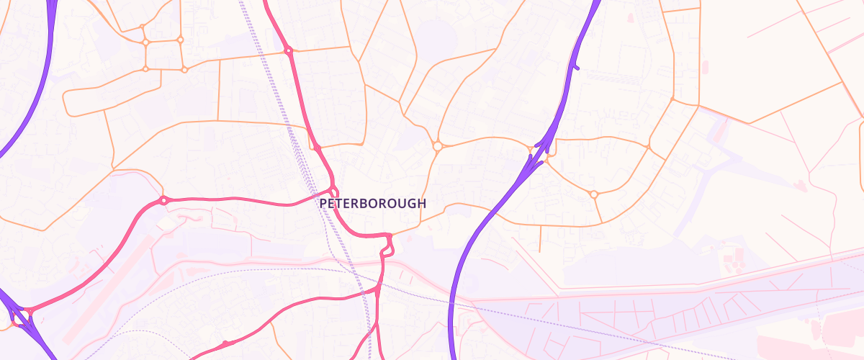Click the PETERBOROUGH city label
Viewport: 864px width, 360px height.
click(x=372, y=204)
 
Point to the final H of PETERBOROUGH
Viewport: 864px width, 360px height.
click(x=422, y=204)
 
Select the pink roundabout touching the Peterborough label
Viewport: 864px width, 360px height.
click(x=334, y=192)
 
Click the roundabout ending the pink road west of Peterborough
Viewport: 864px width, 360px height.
click(x=163, y=200)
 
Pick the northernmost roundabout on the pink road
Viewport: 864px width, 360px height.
click(x=288, y=50)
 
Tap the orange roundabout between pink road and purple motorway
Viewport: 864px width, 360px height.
click(x=437, y=146)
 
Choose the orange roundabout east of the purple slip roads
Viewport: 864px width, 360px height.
click(x=594, y=194)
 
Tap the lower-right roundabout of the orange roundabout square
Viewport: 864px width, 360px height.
click(x=184, y=69)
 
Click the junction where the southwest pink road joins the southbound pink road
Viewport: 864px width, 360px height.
click(x=377, y=290)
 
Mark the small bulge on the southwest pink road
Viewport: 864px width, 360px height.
click(x=225, y=343)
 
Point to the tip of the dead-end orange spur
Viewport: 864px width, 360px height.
click(x=540, y=251)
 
